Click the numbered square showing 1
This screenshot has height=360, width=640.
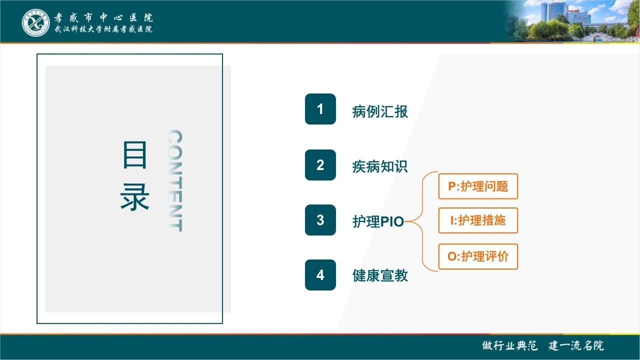(x=320, y=109)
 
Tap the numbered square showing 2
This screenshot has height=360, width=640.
(x=320, y=165)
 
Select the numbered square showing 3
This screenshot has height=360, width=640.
(x=320, y=220)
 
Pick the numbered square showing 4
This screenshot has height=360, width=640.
(x=320, y=275)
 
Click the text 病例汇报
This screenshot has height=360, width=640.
(x=380, y=111)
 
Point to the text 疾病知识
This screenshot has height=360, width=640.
(x=380, y=166)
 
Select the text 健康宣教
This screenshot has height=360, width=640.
(x=380, y=275)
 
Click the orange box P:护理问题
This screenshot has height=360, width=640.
(x=478, y=186)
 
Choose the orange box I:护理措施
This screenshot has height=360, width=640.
(x=478, y=220)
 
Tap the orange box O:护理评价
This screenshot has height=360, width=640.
(x=478, y=256)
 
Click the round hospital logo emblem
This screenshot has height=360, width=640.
(x=35, y=22)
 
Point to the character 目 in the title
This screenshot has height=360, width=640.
(x=135, y=154)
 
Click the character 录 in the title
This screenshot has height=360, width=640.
(x=135, y=197)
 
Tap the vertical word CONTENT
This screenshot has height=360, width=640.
(x=174, y=180)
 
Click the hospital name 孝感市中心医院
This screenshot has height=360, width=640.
(x=103, y=17)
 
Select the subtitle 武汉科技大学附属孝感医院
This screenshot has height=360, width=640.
(x=103, y=29)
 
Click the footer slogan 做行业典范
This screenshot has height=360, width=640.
(x=509, y=345)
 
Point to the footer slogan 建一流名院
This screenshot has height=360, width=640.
(x=576, y=345)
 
